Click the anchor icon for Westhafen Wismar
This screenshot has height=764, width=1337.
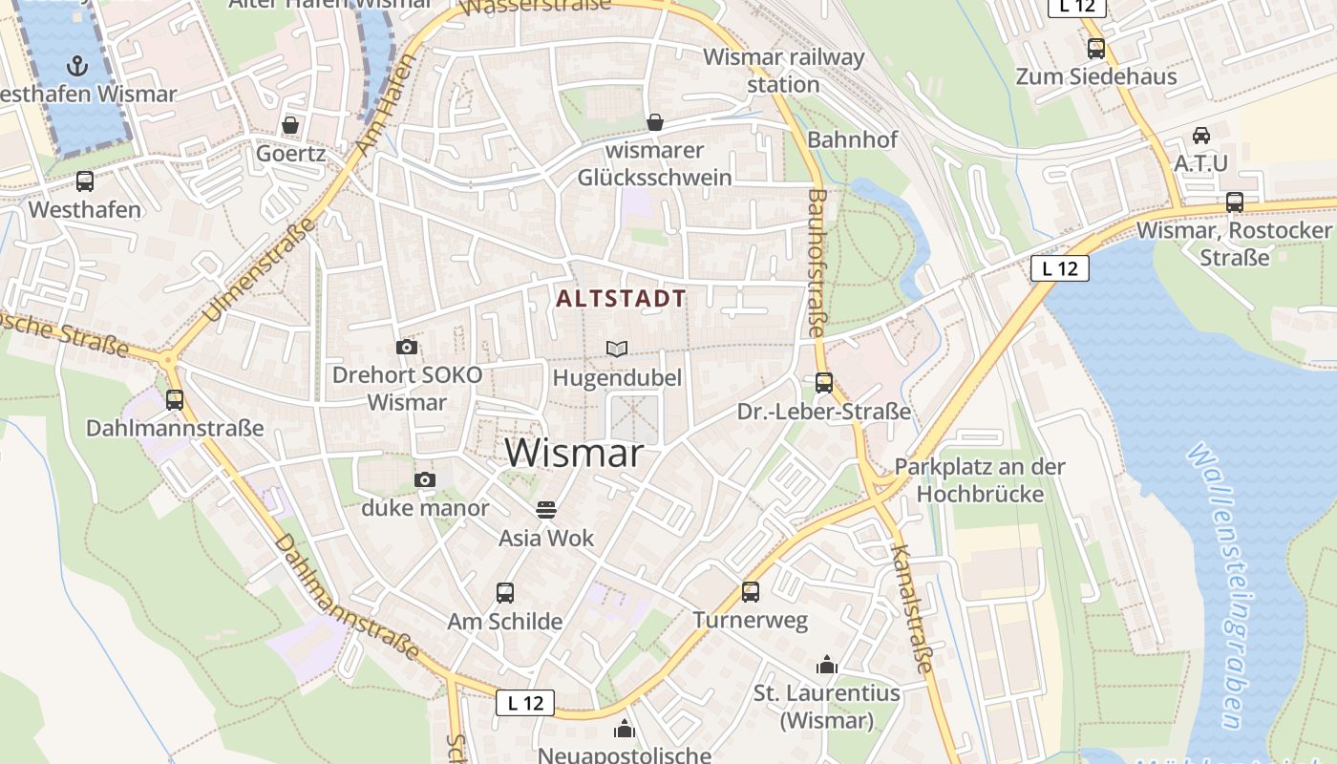pyautogui.click(x=77, y=66)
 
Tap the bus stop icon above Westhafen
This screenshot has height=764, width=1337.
pyautogui.click(x=85, y=181)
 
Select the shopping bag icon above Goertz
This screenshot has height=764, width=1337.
pyautogui.click(x=290, y=125)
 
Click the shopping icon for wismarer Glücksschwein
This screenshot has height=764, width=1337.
pyautogui.click(x=655, y=122)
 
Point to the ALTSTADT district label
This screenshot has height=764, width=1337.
pyautogui.click(x=621, y=299)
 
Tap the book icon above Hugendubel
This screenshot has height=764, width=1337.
pyautogui.click(x=617, y=350)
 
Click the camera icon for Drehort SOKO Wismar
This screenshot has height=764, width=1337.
pyautogui.click(x=407, y=347)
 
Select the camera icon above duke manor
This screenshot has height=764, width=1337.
pyautogui.click(x=425, y=479)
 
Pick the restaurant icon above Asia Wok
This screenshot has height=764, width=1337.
pyautogui.click(x=546, y=510)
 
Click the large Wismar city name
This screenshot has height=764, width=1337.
pyautogui.click(x=575, y=452)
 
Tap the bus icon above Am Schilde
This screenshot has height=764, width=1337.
pyautogui.click(x=505, y=593)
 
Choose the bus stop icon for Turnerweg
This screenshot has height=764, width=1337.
pyautogui.click(x=751, y=592)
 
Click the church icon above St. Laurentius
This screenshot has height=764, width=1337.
pyautogui.click(x=827, y=665)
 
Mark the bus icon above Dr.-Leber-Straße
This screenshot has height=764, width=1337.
pyautogui.click(x=824, y=383)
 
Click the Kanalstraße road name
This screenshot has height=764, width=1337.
pyautogui.click(x=910, y=608)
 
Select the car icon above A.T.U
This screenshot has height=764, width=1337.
pyautogui.click(x=1201, y=136)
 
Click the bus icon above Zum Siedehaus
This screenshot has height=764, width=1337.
pyautogui.click(x=1096, y=49)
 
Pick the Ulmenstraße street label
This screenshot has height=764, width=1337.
pyautogui.click(x=260, y=269)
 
